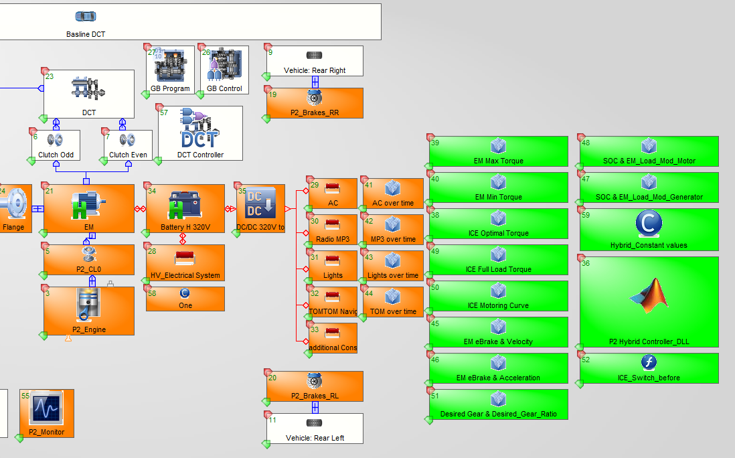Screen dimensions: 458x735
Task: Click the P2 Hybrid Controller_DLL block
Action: [x=649, y=301]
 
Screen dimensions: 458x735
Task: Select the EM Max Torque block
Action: [x=498, y=151]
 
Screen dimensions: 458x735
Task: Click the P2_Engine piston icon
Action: [x=88, y=307]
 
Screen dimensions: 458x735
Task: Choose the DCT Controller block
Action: [x=200, y=134]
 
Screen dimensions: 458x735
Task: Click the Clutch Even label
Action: [x=128, y=155]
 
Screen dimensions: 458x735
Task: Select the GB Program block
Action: [x=170, y=70]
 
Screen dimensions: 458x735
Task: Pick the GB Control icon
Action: [x=224, y=66]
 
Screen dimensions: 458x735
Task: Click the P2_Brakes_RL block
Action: [x=315, y=387]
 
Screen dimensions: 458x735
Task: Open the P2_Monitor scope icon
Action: [x=46, y=406]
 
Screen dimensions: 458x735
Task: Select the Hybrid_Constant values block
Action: [x=649, y=230]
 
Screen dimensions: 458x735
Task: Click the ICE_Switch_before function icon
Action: [x=649, y=363]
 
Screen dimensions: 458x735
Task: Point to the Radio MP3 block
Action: [x=333, y=230]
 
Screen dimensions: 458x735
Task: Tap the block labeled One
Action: [x=185, y=299]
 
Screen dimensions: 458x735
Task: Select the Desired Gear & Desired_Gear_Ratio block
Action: [x=498, y=404]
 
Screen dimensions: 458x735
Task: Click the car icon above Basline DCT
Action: [x=85, y=16]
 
